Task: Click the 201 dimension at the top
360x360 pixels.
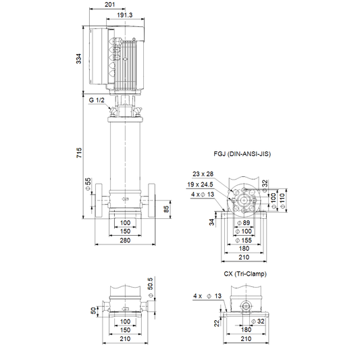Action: click(109, 5)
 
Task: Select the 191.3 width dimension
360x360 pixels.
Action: click(125, 15)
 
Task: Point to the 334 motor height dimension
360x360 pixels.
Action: click(78, 59)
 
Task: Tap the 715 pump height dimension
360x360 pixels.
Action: click(79, 153)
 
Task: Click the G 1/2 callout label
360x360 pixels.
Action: click(97, 101)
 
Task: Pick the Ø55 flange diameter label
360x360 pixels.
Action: click(88, 184)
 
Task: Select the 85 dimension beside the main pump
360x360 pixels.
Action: click(166, 209)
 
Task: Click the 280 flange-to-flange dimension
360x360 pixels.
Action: click(125, 240)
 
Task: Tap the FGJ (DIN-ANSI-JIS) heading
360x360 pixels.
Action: click(242, 154)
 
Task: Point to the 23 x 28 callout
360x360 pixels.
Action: click(203, 174)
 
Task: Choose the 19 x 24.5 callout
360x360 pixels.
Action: click(200, 184)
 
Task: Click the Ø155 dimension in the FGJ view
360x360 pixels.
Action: click(244, 240)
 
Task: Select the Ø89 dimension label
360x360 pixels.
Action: click(243, 223)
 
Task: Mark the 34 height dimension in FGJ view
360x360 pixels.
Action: click(211, 222)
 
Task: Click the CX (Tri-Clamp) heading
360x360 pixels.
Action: click(245, 274)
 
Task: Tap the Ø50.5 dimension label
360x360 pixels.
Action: click(150, 288)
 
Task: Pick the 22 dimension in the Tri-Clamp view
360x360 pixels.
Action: click(217, 324)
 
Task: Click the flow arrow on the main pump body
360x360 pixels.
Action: click(125, 199)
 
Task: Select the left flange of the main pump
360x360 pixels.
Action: click(99, 200)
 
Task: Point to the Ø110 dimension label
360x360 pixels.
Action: click(282, 201)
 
